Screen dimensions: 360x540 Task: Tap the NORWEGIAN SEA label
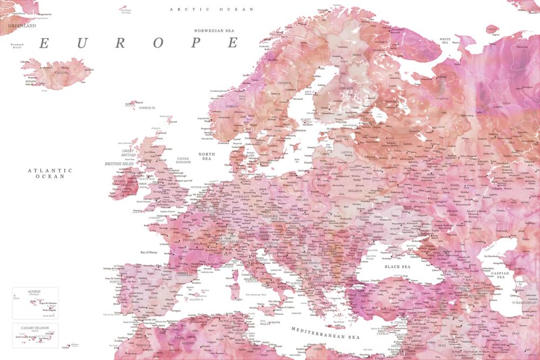(216, 31)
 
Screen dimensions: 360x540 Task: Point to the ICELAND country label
(61, 72)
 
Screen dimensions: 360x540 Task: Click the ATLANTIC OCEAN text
(50, 173)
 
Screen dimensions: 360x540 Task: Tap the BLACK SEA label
(397, 267)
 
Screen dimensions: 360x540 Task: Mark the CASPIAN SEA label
(501, 275)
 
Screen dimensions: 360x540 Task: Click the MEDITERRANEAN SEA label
(325, 332)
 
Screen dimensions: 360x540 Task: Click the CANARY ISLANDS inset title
(35, 327)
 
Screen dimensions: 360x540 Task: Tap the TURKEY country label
(412, 298)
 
